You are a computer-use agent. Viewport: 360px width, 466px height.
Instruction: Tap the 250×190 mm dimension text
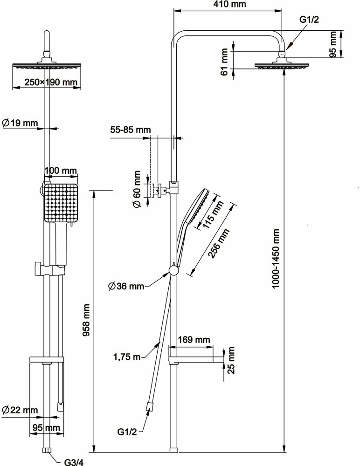[45, 82]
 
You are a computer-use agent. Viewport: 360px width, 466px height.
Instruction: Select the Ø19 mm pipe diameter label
[20, 123]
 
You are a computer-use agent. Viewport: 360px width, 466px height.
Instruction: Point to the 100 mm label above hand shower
[60, 171]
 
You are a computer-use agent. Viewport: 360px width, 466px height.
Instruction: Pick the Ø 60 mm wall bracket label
[136, 191]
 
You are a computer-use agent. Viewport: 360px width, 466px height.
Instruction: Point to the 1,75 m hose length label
[127, 357]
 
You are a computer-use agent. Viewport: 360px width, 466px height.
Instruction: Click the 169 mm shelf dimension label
[194, 340]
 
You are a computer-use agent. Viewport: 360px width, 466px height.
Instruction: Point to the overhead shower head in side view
[282, 66]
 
